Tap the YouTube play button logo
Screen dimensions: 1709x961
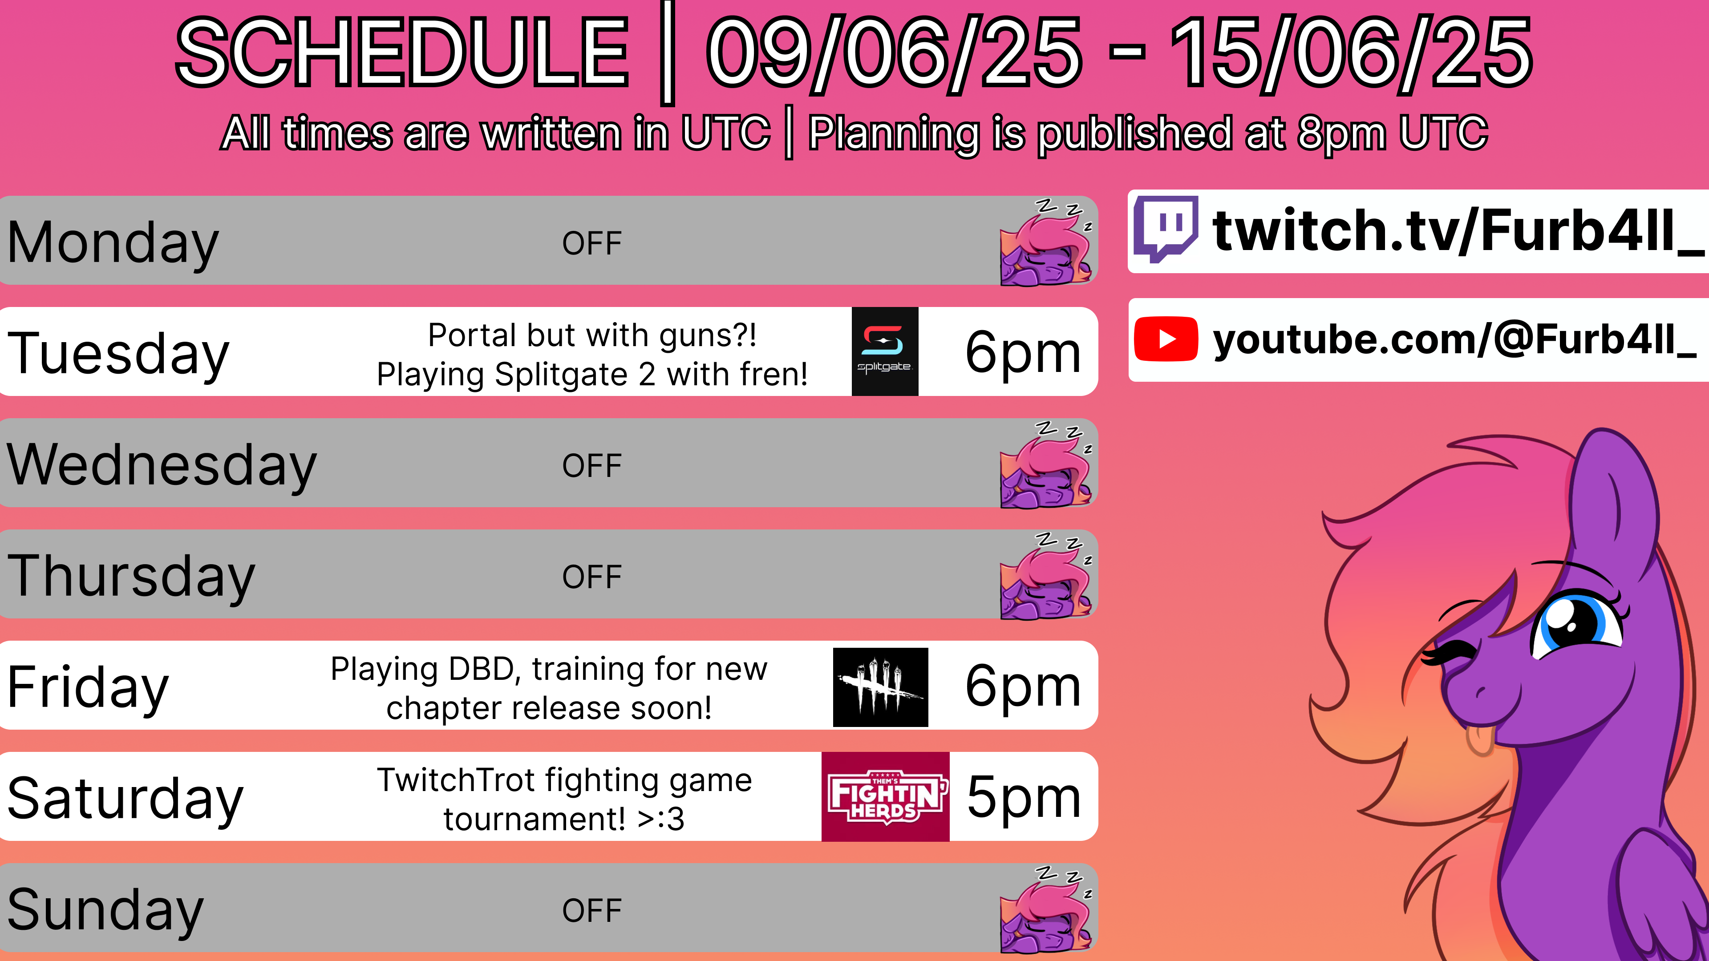(1166, 339)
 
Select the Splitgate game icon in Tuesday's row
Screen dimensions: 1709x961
(885, 351)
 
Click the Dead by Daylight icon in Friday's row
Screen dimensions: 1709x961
(880, 687)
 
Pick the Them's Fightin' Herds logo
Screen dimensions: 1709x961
(886, 796)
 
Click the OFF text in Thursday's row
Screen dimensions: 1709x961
(592, 577)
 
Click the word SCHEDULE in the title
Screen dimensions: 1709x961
(402, 53)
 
